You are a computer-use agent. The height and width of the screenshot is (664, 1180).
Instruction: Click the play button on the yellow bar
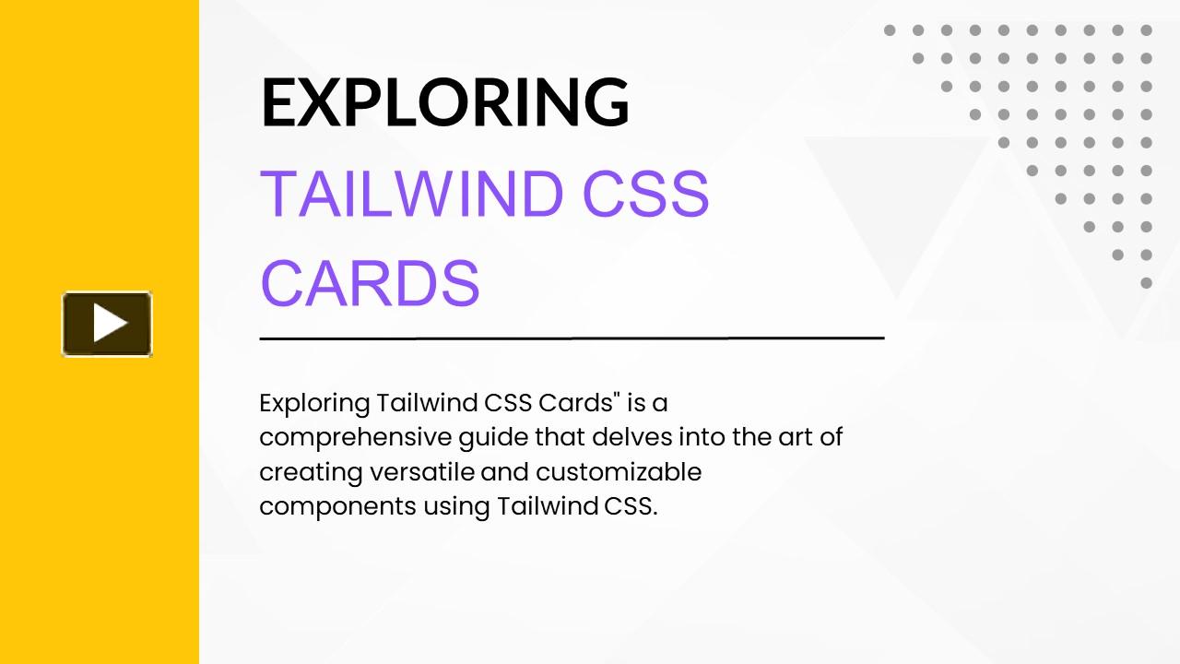click(x=107, y=324)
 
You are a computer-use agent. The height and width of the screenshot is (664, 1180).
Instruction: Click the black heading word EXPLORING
click(x=445, y=101)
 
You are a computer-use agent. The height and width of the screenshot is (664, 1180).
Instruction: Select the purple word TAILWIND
click(x=411, y=195)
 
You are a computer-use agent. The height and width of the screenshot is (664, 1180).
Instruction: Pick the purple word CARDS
click(x=371, y=283)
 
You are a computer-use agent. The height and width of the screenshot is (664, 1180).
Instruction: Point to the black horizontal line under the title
click(x=572, y=338)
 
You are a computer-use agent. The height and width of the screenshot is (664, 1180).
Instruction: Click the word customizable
click(x=619, y=472)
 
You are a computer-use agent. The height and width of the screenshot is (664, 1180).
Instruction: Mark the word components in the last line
click(x=337, y=507)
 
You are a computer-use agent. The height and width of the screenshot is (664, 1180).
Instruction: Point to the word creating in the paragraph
click(x=311, y=472)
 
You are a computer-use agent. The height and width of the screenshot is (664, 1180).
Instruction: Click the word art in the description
click(x=794, y=437)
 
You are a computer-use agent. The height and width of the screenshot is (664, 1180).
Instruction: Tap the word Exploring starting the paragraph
click(x=314, y=404)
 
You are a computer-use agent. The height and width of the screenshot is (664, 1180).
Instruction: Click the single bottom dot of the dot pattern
click(x=1146, y=283)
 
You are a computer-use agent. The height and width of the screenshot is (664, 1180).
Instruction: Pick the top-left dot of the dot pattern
click(x=890, y=30)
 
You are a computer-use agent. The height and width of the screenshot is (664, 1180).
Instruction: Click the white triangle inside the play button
click(x=110, y=324)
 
